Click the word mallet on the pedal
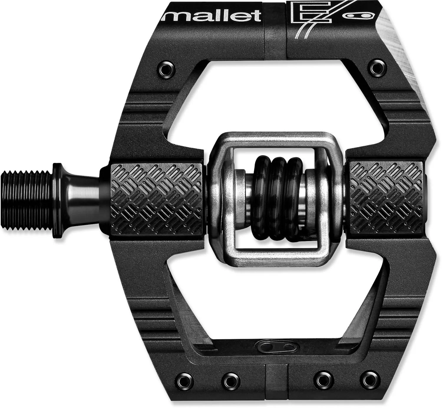pyautogui.click(x=212, y=15)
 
